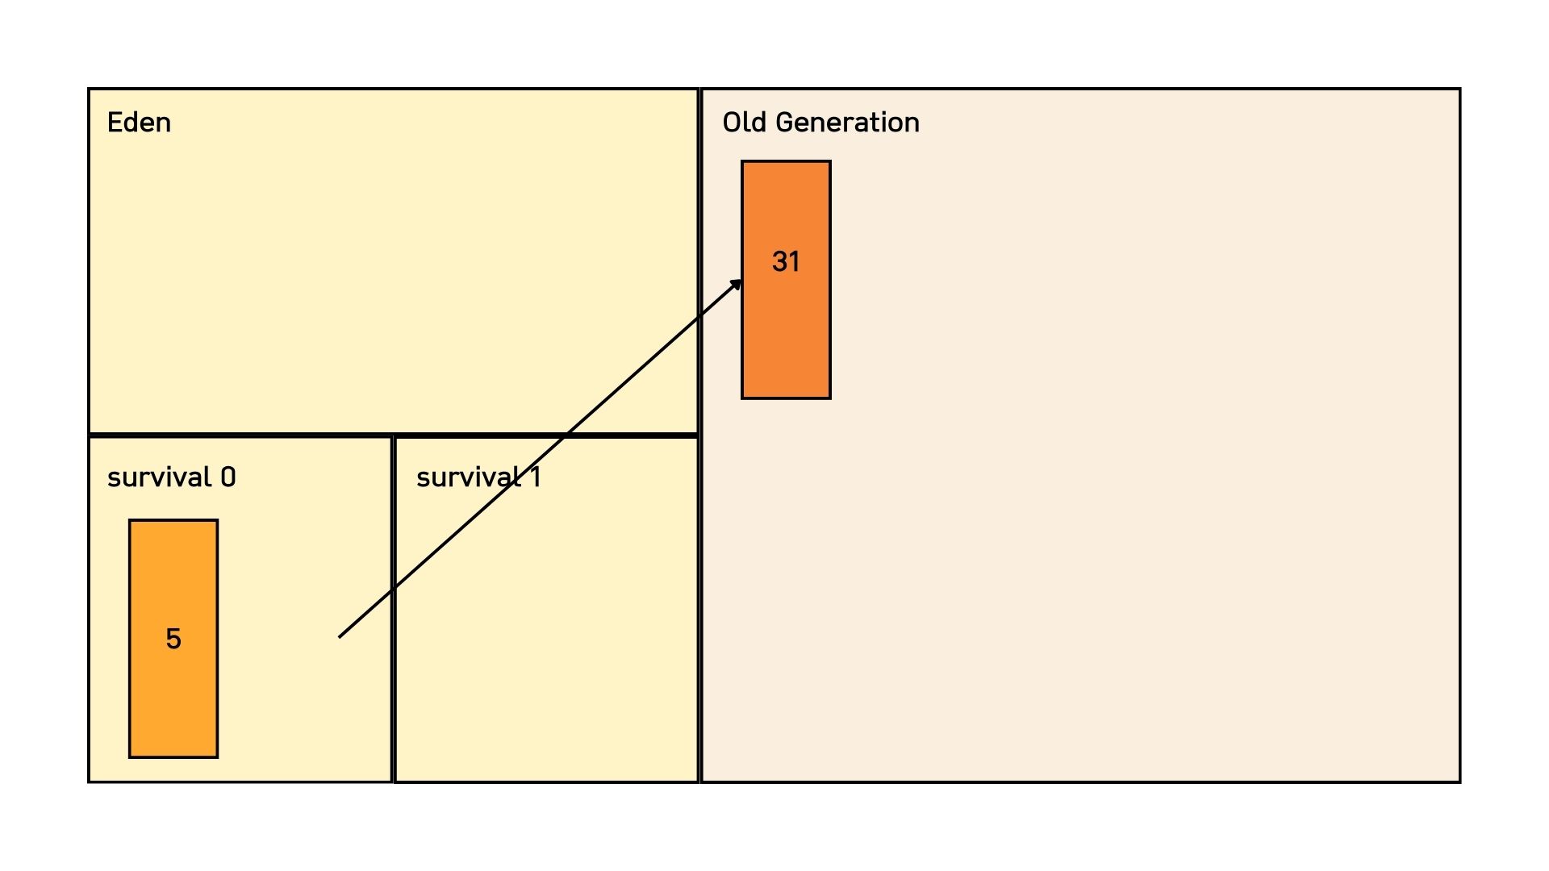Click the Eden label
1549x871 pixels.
tap(139, 123)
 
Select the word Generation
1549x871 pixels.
tap(847, 123)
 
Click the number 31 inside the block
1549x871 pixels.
tap(786, 261)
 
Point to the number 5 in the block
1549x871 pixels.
tap(173, 639)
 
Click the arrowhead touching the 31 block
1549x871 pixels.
tap(737, 283)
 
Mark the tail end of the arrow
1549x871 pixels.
tap(340, 636)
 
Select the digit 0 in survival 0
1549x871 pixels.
tap(228, 477)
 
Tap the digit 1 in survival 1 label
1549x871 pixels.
tap(535, 477)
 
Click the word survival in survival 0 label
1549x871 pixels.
tap(160, 477)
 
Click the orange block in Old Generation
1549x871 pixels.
tap(786, 339)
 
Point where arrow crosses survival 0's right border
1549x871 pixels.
tap(393, 590)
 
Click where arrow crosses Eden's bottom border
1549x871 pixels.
tap(567, 435)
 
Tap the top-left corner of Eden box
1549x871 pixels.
tap(89, 90)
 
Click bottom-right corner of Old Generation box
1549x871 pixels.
tap(1459, 781)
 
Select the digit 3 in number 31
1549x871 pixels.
tap(779, 261)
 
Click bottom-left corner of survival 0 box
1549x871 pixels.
tap(89, 781)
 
